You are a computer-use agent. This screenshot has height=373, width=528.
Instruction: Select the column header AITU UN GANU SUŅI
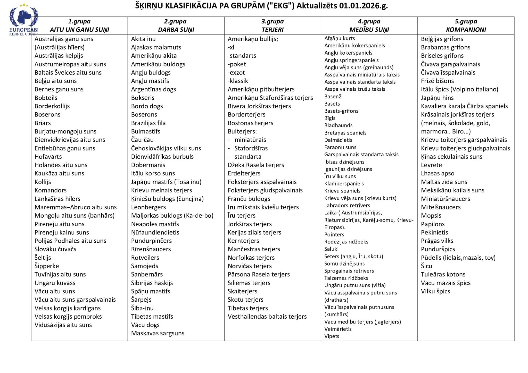79,30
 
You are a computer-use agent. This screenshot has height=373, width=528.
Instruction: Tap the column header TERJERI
273,30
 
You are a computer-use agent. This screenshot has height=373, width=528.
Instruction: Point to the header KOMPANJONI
466,30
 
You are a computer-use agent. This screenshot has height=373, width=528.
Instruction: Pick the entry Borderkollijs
52,106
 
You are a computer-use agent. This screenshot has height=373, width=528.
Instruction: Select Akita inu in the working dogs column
143,39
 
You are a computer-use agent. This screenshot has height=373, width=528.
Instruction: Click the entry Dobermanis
148,165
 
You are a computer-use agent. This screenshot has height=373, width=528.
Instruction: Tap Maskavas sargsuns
158,333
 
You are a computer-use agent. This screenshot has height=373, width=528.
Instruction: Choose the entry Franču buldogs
249,199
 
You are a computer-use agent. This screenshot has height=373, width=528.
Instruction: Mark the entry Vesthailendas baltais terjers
267,316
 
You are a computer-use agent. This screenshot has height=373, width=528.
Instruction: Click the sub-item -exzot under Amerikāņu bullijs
236,72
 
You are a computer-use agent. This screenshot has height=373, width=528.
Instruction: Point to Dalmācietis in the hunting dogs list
338,140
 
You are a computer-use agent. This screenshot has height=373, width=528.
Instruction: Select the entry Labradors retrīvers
347,205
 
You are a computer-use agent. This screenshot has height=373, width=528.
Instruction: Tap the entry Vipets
332,336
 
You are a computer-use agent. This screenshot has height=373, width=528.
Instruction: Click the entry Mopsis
431,215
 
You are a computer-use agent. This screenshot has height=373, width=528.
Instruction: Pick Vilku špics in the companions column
435,291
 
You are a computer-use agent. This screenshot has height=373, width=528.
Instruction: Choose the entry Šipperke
47,266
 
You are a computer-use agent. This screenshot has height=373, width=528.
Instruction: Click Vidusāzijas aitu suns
63,325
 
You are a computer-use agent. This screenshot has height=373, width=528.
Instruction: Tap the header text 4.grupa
369,21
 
